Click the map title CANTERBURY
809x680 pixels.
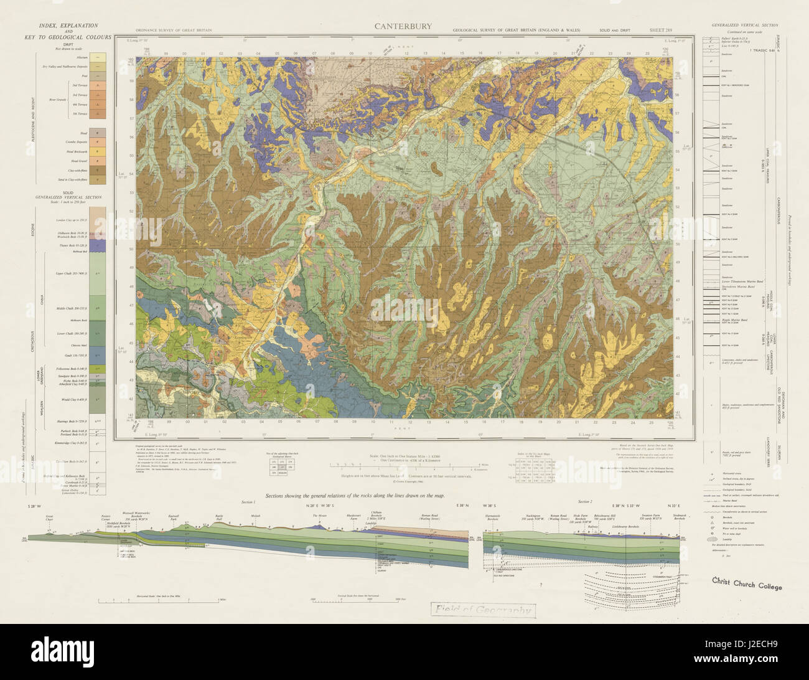404,27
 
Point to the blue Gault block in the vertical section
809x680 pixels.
96,354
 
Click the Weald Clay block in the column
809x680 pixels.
96,399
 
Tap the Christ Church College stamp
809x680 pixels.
747,585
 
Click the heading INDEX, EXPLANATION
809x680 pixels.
68,26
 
